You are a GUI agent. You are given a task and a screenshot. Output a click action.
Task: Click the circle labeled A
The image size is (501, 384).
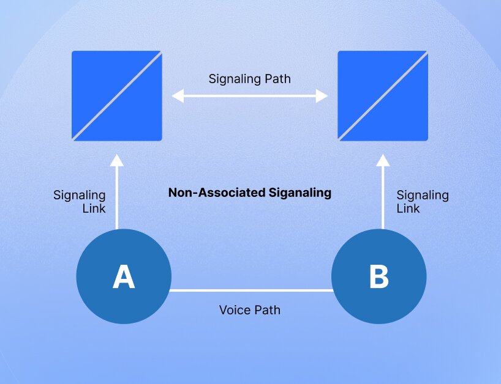pos(123,276)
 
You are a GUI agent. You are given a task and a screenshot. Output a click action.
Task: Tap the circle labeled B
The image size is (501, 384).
pos(379,276)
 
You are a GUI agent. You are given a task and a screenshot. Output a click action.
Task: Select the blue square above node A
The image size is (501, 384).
pos(117,96)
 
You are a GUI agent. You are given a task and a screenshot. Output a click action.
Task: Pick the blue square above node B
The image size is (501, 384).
pos(383,96)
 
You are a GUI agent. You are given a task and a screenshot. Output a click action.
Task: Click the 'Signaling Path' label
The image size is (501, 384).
pos(249,79)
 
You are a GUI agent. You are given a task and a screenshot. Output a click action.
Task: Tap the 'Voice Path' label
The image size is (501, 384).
pos(249,310)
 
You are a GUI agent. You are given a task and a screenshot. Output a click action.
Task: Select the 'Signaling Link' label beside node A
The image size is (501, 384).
pos(80,202)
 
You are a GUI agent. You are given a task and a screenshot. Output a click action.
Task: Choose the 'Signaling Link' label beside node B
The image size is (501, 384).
pos(423,202)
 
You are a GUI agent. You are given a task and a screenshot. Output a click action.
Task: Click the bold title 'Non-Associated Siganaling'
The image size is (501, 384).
pos(249,193)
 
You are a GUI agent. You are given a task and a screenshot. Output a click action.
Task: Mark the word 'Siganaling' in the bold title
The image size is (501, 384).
pos(299,193)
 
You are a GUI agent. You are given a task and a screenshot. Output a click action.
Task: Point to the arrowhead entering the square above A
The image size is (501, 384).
pos(116,161)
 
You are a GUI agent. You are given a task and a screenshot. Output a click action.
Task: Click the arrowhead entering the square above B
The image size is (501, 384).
pos(383,161)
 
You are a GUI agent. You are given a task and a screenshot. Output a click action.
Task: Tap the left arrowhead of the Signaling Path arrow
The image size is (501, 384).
pos(178,96)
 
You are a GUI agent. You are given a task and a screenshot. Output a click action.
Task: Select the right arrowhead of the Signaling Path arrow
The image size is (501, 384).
pos(322,96)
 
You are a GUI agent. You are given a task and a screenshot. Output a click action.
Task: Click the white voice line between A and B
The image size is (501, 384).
pos(251,290)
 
